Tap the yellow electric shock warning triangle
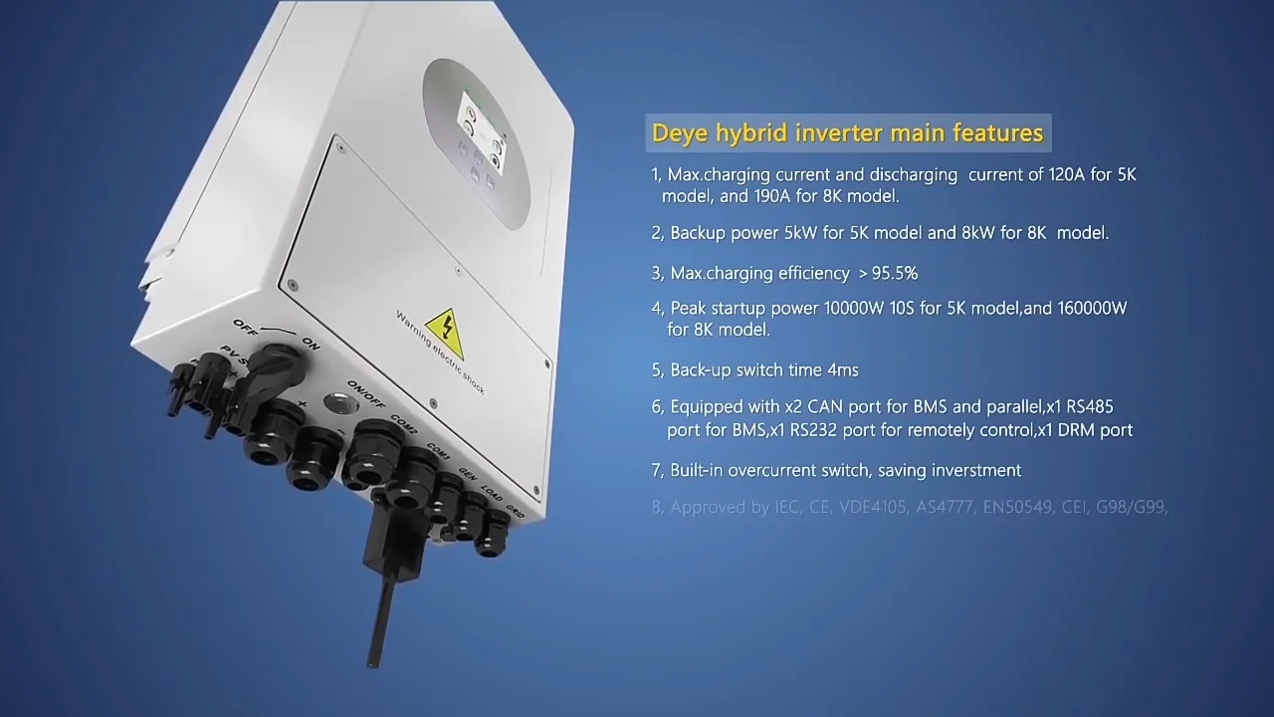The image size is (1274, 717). click(x=444, y=329)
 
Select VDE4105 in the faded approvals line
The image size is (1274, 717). click(x=873, y=507)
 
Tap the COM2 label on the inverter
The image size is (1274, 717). click(x=403, y=425)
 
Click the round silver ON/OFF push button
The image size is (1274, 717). click(x=340, y=404)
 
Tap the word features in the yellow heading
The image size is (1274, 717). click(x=998, y=132)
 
